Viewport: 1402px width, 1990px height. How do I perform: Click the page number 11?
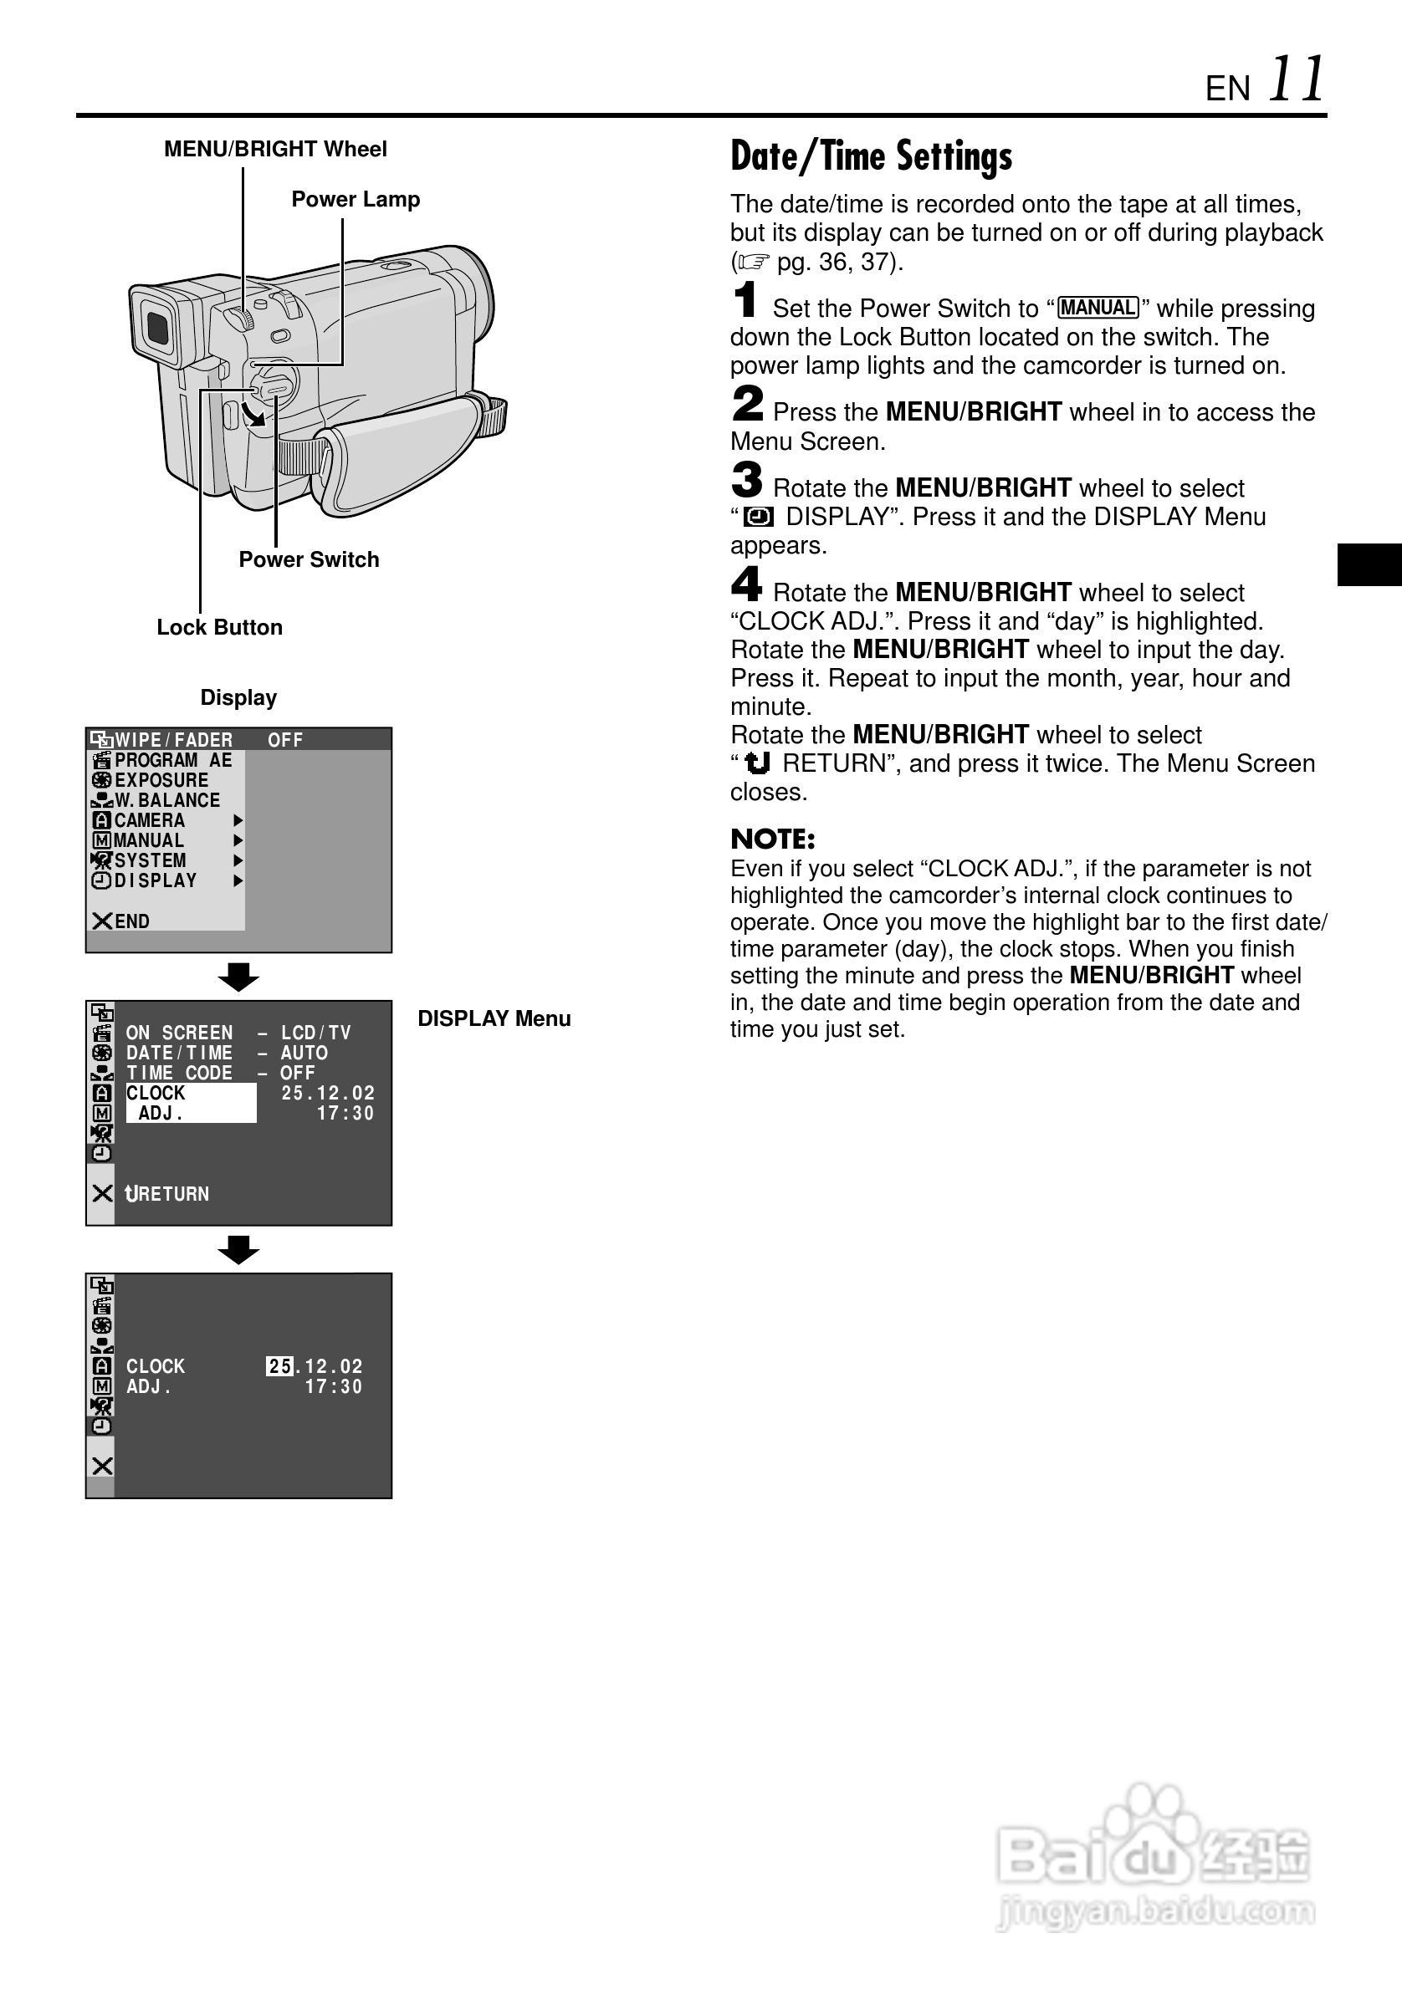click(1297, 79)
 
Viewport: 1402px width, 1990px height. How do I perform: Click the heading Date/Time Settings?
click(871, 157)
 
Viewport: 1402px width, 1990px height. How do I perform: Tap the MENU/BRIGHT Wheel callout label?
click(275, 149)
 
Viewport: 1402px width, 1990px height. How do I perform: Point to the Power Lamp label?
click(356, 199)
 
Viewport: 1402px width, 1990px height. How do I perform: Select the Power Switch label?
click(309, 560)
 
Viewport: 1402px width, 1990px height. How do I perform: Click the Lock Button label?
click(219, 627)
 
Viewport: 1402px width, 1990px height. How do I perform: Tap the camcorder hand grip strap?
click(407, 451)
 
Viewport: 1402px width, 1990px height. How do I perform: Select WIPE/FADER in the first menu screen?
click(173, 740)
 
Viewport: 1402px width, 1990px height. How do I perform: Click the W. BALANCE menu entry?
click(166, 801)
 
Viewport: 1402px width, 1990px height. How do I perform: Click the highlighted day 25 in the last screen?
click(279, 1367)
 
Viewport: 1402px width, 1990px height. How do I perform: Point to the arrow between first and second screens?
click(238, 977)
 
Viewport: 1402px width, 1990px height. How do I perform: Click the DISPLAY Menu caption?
click(494, 1019)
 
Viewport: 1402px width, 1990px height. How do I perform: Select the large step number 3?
click(746, 479)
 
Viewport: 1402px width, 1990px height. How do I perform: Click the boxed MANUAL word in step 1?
click(1098, 309)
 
